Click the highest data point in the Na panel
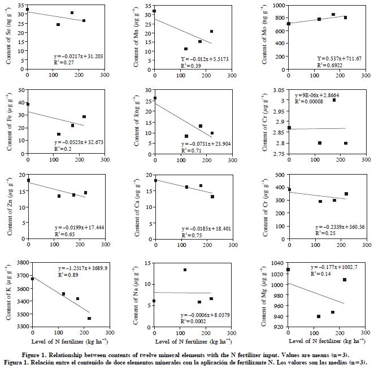(185, 270)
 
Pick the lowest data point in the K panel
(89, 318)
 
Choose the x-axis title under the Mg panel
(321, 341)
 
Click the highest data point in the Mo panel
(333, 15)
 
